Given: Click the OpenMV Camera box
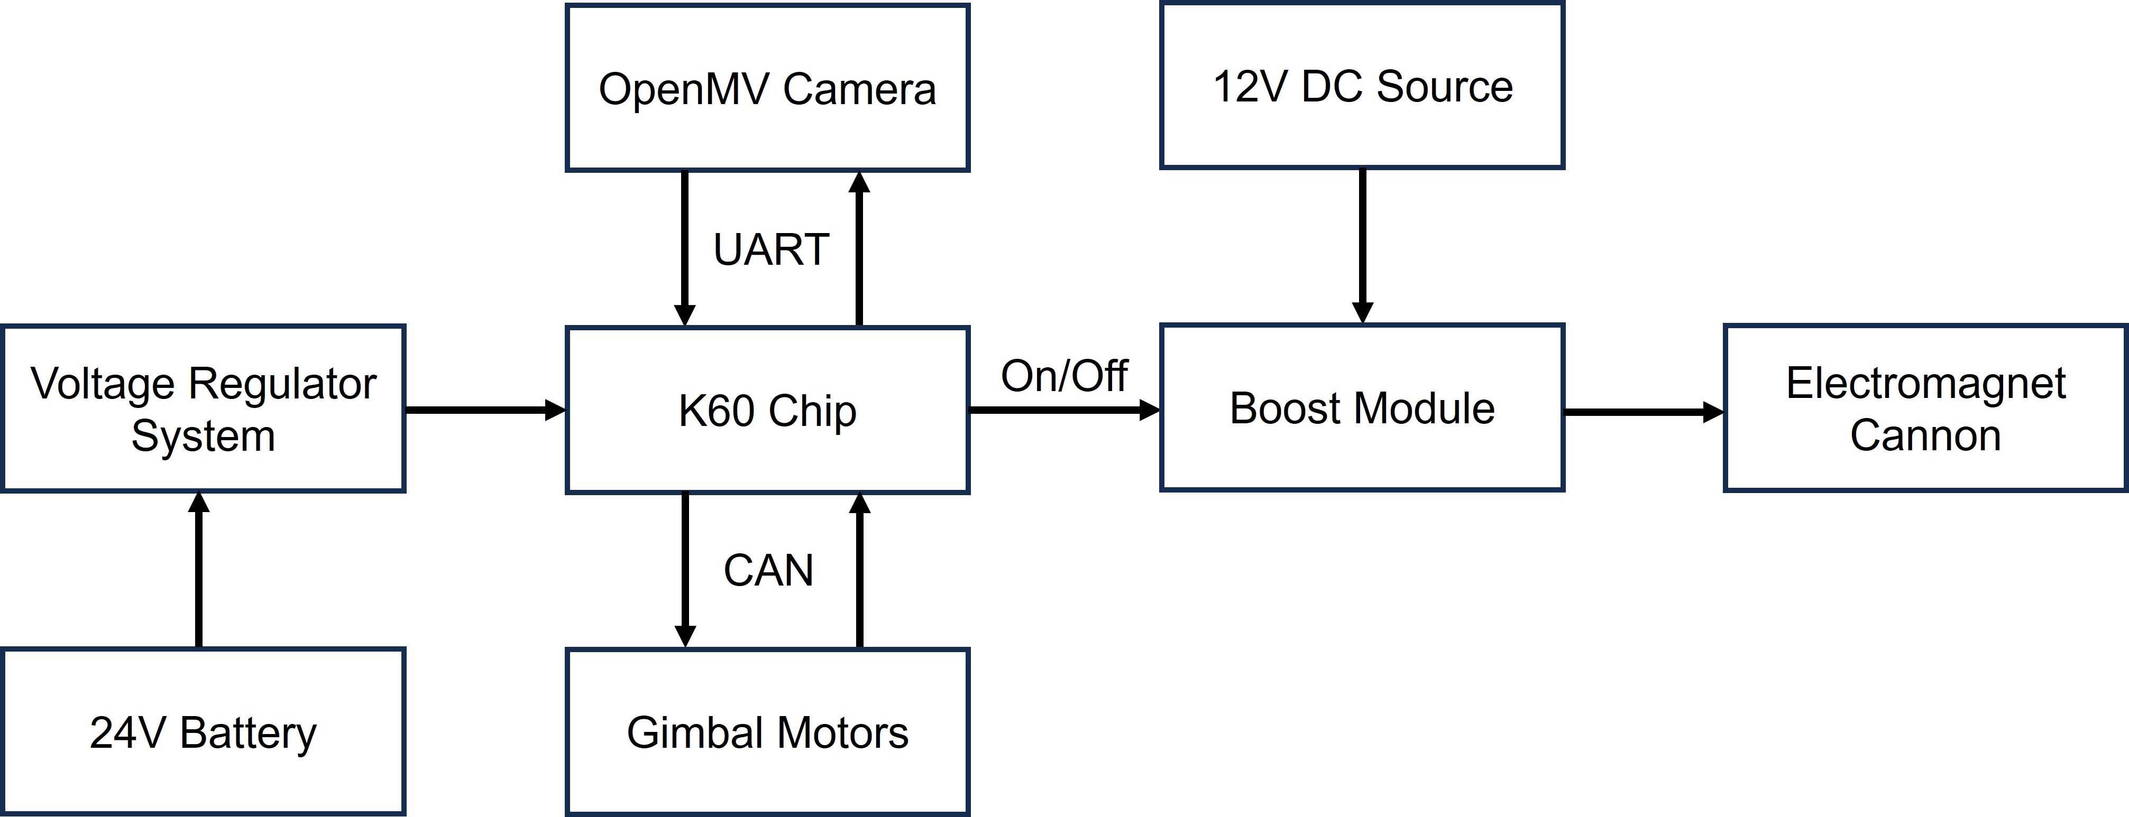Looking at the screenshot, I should click(x=767, y=88).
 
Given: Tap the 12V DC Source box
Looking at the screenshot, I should click(x=1362, y=86).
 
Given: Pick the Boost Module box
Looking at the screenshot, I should click(x=1362, y=408).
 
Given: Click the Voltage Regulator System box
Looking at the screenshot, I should click(x=203, y=409).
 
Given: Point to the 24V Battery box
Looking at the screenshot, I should click(x=203, y=732).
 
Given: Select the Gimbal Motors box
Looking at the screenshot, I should click(x=767, y=732).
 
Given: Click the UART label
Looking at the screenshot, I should click(x=770, y=249).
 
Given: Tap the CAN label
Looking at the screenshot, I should click(x=768, y=570).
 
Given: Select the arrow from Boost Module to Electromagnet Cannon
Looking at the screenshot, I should click(x=1643, y=411).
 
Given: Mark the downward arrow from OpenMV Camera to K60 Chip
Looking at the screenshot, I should click(x=684, y=248).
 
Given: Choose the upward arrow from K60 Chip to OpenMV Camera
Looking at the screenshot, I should click(x=859, y=248).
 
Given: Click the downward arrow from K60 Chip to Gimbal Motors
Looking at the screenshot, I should click(x=684, y=570).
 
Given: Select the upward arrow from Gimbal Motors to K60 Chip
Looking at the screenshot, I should click(x=859, y=570).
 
